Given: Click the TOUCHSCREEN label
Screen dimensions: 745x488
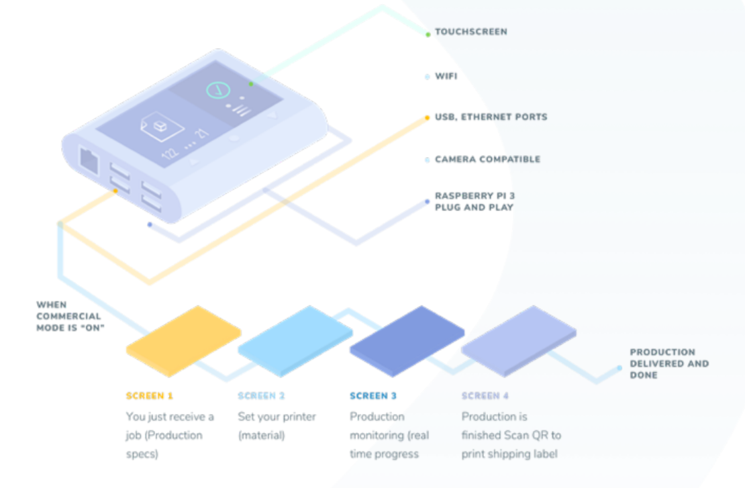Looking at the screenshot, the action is tap(471, 32).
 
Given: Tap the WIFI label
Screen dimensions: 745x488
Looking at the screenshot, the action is tap(446, 76).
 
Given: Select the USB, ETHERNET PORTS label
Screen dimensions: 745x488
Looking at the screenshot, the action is tap(491, 117).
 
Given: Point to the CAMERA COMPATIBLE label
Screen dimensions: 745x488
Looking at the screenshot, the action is tap(487, 159).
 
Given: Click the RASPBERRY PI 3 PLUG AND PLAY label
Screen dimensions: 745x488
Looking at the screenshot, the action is tap(475, 201).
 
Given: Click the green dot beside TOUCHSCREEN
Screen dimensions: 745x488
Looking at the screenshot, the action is tap(428, 34).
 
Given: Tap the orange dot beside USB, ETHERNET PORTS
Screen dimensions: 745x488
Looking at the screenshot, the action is tap(427, 117).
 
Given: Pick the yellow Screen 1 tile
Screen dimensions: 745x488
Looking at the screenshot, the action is tap(184, 341).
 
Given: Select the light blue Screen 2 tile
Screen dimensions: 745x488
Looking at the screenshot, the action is tap(295, 341).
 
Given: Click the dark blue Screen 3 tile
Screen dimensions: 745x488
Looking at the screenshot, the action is tap(407, 341).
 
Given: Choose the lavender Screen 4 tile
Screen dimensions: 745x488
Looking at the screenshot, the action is tap(519, 341).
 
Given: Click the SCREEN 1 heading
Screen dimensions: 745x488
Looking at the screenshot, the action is tap(149, 396).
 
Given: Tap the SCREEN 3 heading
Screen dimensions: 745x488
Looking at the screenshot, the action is tap(373, 396).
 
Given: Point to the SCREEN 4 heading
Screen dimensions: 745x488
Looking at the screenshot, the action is tap(485, 396).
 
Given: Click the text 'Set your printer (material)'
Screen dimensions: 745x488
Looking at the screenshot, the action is tap(277, 426).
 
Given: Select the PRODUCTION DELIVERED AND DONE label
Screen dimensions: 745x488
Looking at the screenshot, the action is tap(669, 364).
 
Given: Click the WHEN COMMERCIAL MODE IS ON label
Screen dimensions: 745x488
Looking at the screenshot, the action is tap(70, 316).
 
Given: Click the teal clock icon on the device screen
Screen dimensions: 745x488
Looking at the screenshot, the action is tap(218, 90).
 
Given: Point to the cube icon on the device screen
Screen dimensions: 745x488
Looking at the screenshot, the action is tap(162, 126).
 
